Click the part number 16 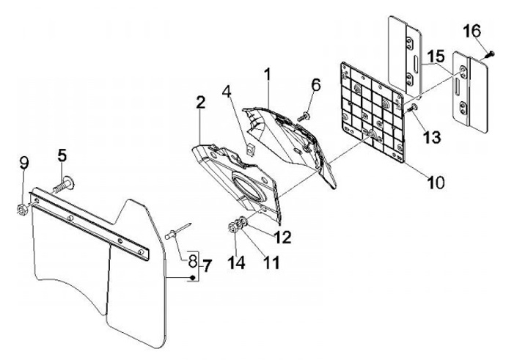[x=472, y=32]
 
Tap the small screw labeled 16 [x=490, y=54]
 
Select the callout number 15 [x=436, y=56]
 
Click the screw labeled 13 [x=412, y=109]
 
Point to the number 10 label [x=436, y=183]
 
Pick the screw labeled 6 [x=304, y=117]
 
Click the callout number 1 [x=268, y=75]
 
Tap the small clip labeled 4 [x=250, y=148]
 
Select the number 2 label [x=200, y=103]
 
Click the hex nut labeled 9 [x=22, y=210]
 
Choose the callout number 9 [x=24, y=164]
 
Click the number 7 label [x=207, y=266]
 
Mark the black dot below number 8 [x=192, y=277]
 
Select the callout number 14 [x=236, y=262]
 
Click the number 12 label [x=282, y=238]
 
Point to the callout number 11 [x=271, y=262]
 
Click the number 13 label [x=433, y=137]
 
